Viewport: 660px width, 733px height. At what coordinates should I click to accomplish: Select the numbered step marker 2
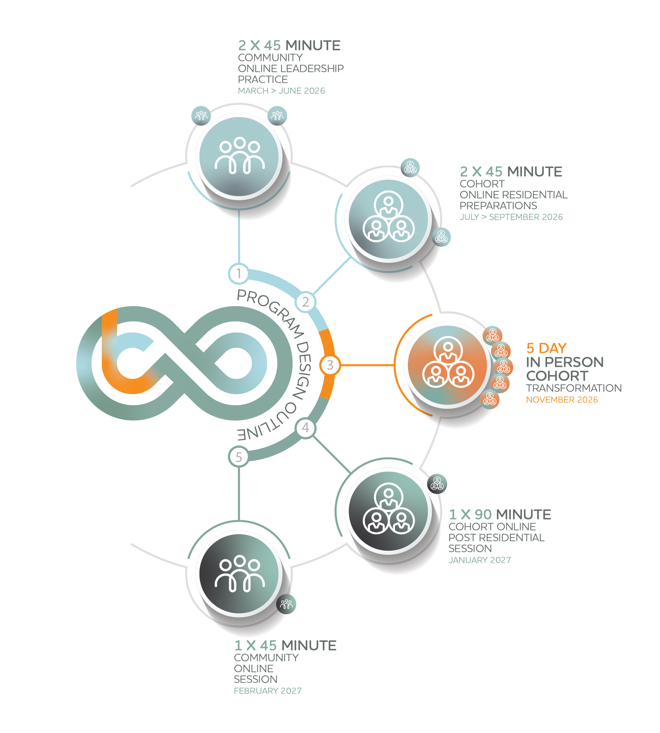point(305,302)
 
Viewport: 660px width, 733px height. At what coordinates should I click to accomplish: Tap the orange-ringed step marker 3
point(330,365)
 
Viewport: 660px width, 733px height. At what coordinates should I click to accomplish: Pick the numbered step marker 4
point(305,428)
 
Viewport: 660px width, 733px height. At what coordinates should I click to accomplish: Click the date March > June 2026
point(281,91)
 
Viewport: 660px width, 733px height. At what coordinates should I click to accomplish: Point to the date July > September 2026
point(511,217)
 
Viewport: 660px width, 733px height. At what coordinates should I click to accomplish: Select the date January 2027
point(479,560)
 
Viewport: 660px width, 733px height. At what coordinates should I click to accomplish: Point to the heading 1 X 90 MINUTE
point(500,514)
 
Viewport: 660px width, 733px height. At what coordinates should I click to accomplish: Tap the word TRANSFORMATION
point(574,388)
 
